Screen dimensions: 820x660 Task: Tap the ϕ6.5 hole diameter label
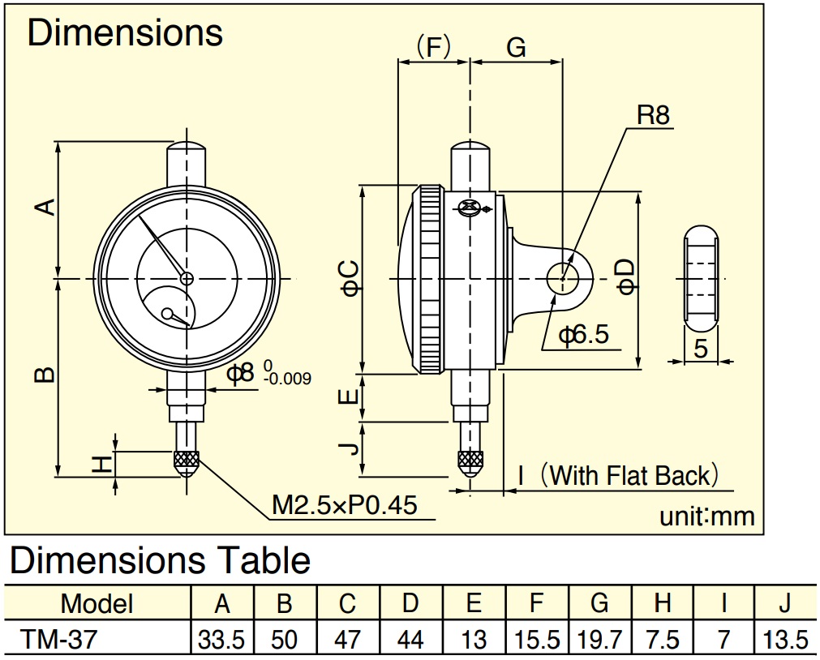[584, 334]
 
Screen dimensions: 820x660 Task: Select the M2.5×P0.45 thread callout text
[345, 505]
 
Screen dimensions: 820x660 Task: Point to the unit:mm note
[707, 516]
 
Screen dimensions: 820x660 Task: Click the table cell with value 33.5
[221, 640]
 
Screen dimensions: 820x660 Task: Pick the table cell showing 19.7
[599, 640]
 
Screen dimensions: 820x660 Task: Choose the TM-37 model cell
[58, 639]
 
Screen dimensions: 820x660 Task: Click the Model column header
[97, 603]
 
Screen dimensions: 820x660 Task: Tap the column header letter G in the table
[599, 603]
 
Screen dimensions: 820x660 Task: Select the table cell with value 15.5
[537, 640]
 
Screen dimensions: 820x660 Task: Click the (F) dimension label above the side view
[433, 47]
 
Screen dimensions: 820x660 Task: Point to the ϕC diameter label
[351, 279]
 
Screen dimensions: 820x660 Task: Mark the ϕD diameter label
[626, 276]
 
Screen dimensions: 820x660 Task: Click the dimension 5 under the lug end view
[701, 349]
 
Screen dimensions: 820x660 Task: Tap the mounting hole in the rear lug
[563, 278]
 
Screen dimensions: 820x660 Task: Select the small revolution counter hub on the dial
[168, 314]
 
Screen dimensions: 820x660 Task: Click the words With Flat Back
[630, 476]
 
